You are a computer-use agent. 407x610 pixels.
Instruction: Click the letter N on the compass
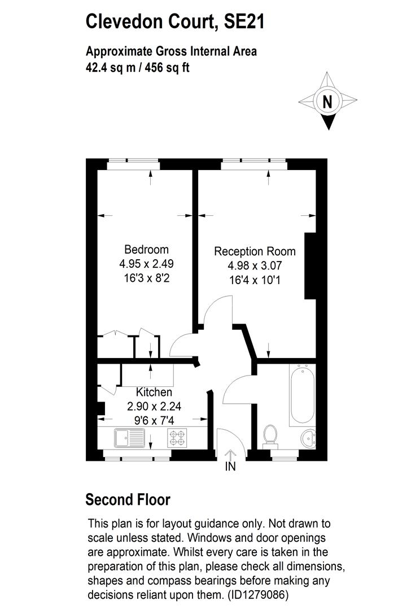point(327,102)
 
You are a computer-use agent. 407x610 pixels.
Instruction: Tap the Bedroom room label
point(146,250)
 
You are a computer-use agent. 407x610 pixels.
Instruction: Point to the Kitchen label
point(154,392)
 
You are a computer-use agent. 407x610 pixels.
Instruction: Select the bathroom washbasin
point(308,437)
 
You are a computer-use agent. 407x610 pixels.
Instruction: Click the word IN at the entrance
point(230,467)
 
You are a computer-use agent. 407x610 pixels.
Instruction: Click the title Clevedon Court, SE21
point(175,22)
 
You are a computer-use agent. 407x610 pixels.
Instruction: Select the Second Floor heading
point(128,500)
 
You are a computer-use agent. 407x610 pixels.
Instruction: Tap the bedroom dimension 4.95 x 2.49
point(146,263)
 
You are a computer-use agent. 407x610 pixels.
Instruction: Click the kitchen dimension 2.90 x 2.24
point(154,406)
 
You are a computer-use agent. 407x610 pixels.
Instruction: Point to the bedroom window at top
point(134,164)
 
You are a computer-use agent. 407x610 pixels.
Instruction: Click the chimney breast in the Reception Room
point(310,265)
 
